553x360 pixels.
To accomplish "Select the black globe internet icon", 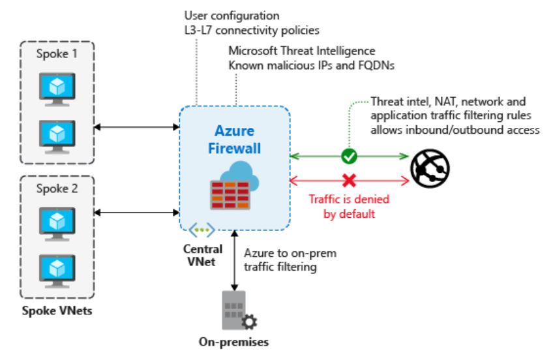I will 430,166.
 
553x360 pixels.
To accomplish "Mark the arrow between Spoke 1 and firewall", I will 137,125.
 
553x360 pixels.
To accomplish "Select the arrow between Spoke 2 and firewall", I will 137,211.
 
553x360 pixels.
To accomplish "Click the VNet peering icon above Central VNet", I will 198,230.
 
